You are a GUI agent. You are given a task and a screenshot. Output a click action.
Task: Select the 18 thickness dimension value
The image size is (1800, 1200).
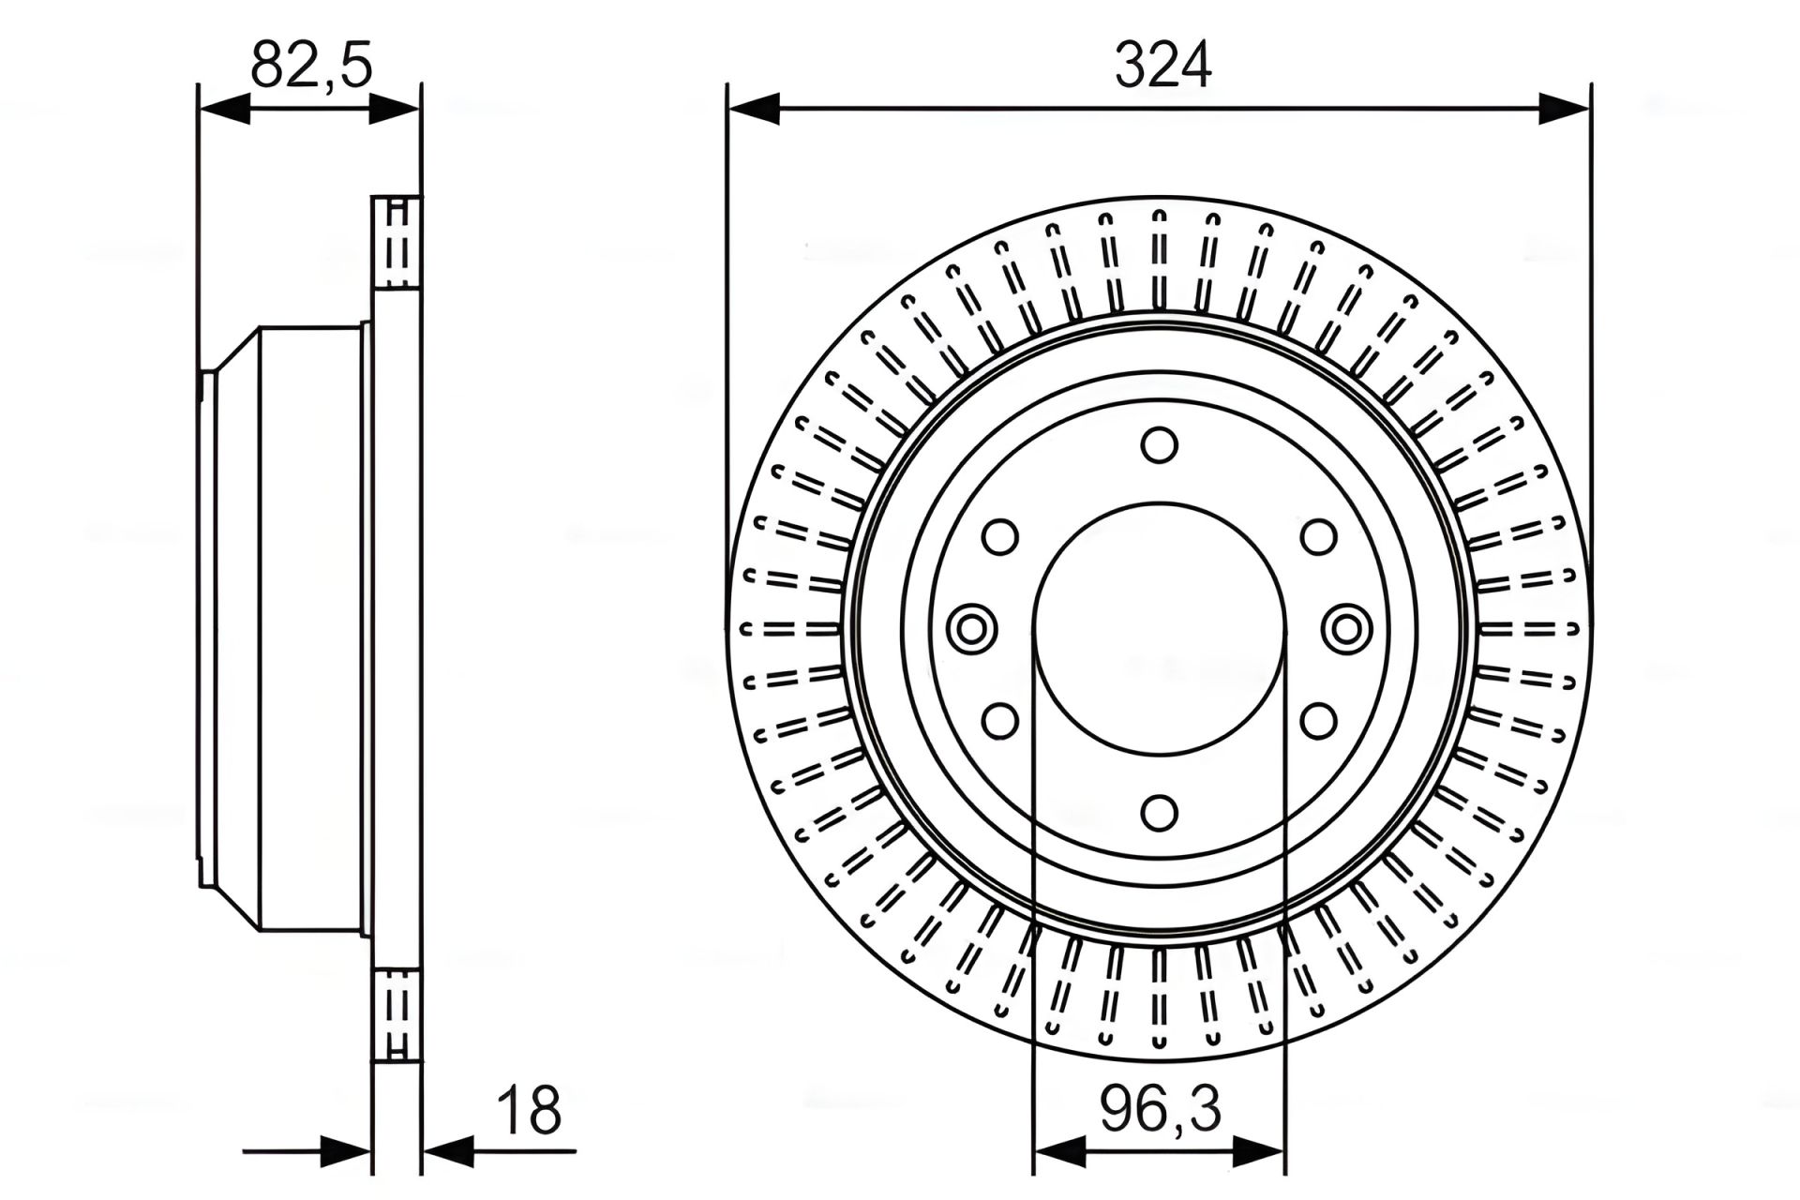[529, 1110]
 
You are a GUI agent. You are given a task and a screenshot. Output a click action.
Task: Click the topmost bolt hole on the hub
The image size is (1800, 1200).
[1160, 444]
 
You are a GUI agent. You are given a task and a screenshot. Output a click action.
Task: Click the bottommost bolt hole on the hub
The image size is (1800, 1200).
[1160, 813]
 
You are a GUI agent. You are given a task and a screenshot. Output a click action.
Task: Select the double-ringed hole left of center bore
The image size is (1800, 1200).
[971, 628]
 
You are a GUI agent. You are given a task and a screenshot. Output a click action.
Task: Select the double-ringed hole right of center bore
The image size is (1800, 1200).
[1346, 628]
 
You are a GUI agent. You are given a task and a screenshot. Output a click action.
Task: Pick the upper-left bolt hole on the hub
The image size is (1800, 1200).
[1000, 537]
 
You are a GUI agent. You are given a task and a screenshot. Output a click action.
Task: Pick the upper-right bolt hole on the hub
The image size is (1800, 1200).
[1319, 537]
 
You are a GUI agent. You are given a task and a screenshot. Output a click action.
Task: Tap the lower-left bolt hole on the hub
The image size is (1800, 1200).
[1000, 721]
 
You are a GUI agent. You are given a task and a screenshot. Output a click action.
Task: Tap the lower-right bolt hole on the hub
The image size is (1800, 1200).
[1319, 721]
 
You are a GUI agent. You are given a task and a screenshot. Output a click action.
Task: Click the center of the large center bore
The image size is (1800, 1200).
[1160, 628]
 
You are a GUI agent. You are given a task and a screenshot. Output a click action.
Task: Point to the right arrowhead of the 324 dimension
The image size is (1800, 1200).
[1565, 108]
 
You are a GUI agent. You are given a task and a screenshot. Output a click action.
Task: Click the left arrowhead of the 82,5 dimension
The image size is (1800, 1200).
[224, 108]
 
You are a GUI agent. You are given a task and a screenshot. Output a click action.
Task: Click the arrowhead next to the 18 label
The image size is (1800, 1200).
[449, 1150]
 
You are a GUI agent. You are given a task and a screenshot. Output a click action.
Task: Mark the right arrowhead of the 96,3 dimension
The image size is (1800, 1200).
[1259, 1150]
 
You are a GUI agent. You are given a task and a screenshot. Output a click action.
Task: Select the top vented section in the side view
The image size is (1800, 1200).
[397, 241]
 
